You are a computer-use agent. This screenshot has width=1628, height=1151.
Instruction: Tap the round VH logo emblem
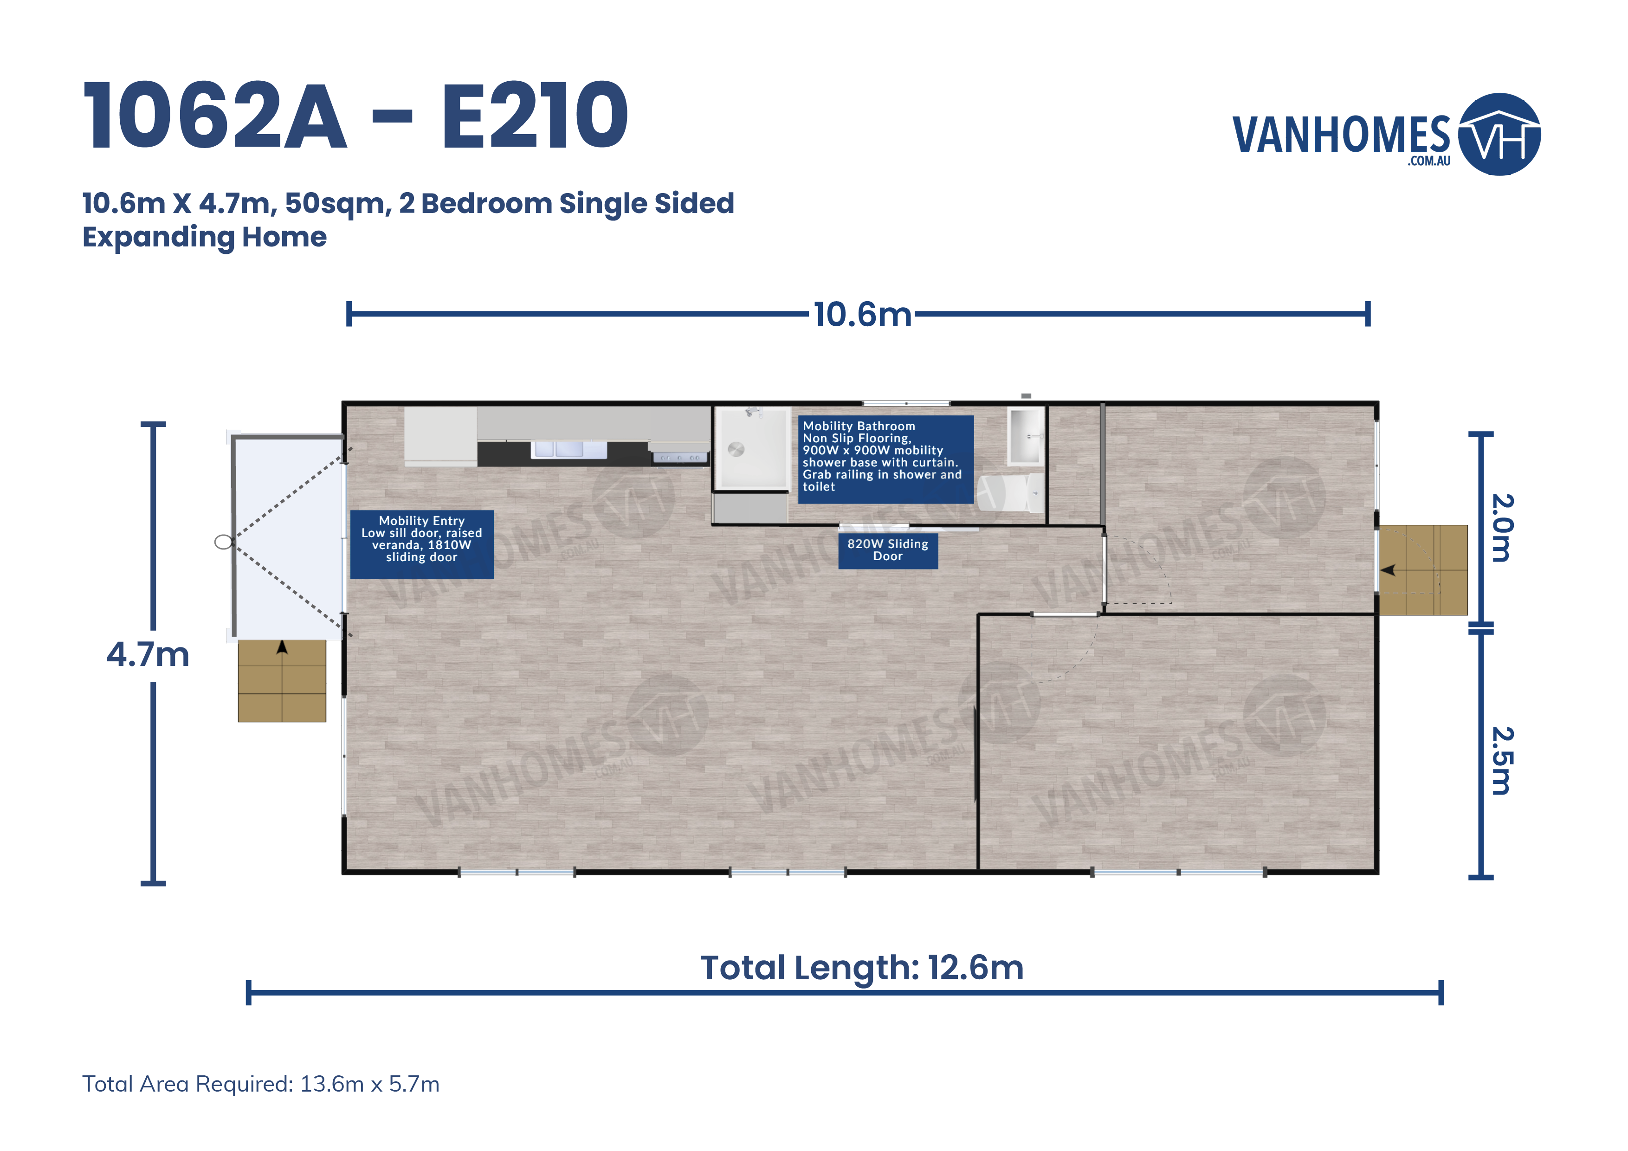(1499, 134)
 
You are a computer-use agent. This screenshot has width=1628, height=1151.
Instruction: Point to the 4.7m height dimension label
(148, 654)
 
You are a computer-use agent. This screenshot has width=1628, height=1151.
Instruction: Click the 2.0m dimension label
(1502, 528)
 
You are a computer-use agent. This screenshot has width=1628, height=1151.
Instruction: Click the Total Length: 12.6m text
(861, 968)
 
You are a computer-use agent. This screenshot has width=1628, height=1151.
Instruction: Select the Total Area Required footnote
(261, 1084)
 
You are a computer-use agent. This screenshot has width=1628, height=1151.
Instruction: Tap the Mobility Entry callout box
(422, 544)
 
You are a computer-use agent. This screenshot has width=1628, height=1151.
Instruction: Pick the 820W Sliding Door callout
(888, 550)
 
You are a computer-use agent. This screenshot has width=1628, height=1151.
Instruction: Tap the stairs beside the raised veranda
(282, 681)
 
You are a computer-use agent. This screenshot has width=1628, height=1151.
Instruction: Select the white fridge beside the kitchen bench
(440, 435)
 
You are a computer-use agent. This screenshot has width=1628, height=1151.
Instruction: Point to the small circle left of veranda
(223, 543)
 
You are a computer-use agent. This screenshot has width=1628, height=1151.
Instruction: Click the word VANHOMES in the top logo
(1342, 136)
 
